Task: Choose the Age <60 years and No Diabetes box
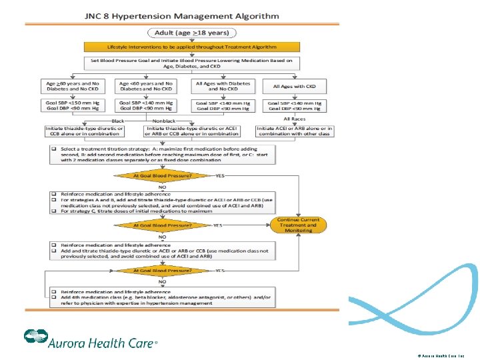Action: (x=145, y=86)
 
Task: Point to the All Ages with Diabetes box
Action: (x=223, y=86)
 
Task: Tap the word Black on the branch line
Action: (x=117, y=121)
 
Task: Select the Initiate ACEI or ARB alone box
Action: (x=294, y=131)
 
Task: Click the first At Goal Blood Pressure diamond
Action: (x=163, y=176)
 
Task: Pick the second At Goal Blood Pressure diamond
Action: (x=163, y=225)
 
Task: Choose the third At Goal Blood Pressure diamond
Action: (x=163, y=271)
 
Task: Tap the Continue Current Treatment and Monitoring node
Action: (x=298, y=225)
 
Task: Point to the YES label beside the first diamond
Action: (x=221, y=176)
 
